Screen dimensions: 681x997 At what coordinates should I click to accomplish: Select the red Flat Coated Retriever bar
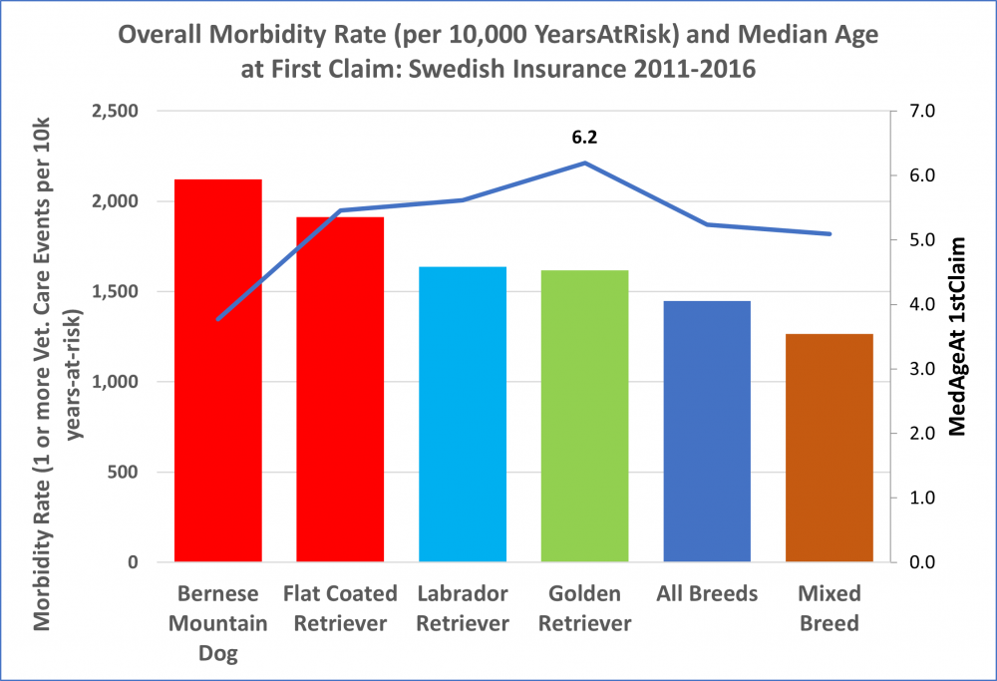click(x=340, y=389)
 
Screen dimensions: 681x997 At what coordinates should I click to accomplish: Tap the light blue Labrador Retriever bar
click(x=463, y=414)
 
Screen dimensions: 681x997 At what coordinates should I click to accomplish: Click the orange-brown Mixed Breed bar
click(x=829, y=448)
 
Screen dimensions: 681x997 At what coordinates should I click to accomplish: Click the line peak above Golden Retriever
click(x=584, y=163)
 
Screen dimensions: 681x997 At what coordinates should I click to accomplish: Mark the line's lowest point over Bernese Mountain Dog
click(x=218, y=318)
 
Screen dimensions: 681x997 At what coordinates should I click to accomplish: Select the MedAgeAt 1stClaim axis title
click(x=959, y=337)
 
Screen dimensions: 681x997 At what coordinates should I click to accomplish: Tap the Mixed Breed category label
click(x=829, y=608)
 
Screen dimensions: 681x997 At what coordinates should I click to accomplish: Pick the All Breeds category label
click(x=707, y=594)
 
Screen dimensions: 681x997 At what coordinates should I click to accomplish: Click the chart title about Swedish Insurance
click(x=498, y=53)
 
